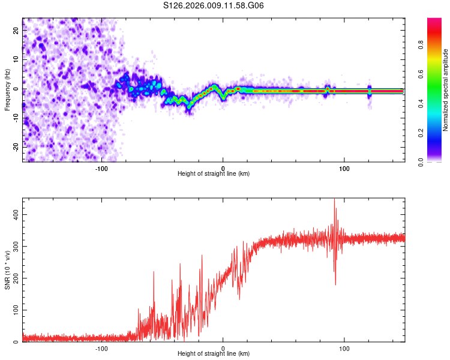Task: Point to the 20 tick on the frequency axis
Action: point(16,31)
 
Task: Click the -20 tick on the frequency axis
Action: point(16,146)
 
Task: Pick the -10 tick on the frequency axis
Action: point(16,118)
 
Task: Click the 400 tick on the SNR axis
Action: point(16,214)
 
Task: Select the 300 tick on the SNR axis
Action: point(16,246)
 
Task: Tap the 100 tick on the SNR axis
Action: point(16,310)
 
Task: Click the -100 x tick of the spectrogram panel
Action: point(101,169)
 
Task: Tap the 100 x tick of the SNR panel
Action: point(344,349)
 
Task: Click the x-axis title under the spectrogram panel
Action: point(214,174)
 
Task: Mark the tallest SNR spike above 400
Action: point(334,201)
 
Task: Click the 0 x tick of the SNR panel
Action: point(223,349)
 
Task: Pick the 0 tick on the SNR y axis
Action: point(16,342)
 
